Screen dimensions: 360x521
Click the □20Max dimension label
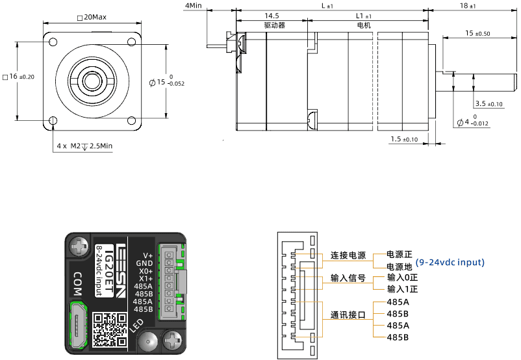(x=91, y=17)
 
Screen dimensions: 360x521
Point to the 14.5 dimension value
(x=272, y=16)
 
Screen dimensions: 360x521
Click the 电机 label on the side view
(x=364, y=25)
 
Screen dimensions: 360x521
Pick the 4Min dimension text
(x=194, y=5)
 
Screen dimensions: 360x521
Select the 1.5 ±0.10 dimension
(x=404, y=139)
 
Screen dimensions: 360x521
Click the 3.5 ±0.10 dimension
(x=489, y=104)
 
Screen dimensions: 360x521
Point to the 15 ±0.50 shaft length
(x=477, y=34)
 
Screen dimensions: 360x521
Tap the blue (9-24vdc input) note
(x=450, y=262)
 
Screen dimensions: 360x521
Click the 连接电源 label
(x=348, y=255)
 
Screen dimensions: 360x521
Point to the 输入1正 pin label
(x=402, y=289)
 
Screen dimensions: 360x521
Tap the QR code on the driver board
(x=109, y=329)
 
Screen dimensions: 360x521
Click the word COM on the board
(x=77, y=283)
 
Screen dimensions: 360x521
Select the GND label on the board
(x=144, y=263)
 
